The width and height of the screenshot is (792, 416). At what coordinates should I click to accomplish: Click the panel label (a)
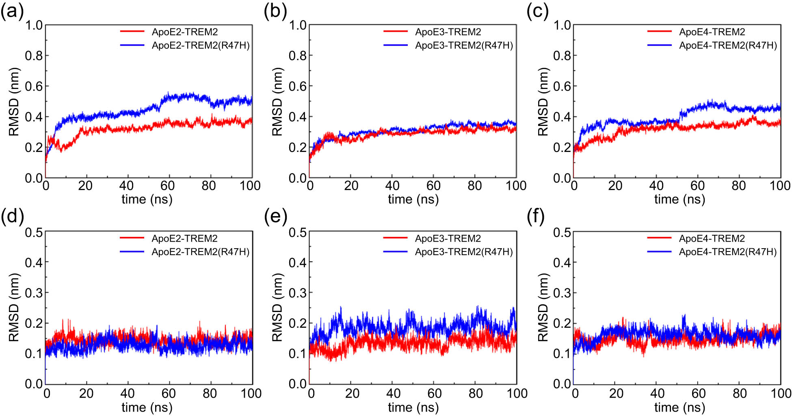[x=12, y=11]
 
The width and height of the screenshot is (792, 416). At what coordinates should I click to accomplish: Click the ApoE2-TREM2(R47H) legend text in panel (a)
[x=201, y=45]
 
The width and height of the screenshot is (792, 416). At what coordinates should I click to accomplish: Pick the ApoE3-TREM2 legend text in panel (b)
[x=448, y=32]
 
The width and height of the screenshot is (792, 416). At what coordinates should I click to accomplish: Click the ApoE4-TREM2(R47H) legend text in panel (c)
[x=728, y=45]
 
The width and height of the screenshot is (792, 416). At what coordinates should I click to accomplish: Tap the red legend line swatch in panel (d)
[x=132, y=238]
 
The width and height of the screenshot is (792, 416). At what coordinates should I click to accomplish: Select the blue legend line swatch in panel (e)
[x=395, y=251]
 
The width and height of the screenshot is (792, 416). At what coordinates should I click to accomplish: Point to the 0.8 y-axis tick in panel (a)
[x=34, y=55]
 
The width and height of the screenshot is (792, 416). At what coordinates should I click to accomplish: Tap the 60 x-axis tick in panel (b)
[x=433, y=186]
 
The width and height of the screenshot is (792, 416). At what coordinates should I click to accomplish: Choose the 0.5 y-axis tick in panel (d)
[x=34, y=232]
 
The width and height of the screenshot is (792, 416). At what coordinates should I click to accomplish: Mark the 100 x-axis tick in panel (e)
[x=517, y=393]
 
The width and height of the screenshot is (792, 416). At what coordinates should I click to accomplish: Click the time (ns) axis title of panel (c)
[x=679, y=199]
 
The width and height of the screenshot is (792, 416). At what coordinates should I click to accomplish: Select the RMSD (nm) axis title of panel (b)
[x=277, y=102]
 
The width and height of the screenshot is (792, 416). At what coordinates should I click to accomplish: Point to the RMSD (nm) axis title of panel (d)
[x=14, y=307]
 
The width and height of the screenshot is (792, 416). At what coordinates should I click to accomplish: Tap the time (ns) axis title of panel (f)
[x=679, y=407]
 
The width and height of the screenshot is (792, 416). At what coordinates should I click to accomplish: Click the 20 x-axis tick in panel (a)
[x=85, y=186]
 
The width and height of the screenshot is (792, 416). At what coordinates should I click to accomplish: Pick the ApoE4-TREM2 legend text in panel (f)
[x=712, y=238]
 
